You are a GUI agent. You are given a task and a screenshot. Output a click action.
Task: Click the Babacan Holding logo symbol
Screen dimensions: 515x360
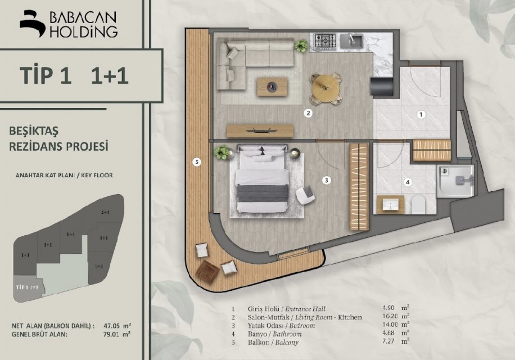click(33, 24)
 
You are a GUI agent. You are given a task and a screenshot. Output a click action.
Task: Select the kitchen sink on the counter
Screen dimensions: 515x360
click(351, 42)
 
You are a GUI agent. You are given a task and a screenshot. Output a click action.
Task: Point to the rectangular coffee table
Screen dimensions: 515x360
click(272, 87)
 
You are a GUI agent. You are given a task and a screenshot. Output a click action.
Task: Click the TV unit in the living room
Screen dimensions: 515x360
click(260, 130)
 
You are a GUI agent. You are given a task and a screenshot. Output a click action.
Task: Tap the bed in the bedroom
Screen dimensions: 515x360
click(262, 179)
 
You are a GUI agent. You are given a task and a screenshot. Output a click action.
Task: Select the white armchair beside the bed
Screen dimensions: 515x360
click(305, 195)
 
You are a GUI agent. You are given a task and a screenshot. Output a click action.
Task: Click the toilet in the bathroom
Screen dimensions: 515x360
click(418, 204)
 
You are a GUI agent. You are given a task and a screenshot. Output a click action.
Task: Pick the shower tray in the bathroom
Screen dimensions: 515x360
click(455, 181)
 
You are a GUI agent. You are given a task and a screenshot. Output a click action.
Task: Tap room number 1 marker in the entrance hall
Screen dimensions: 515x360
click(421, 115)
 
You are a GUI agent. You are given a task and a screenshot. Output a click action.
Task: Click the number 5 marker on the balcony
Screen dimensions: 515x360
click(196, 161)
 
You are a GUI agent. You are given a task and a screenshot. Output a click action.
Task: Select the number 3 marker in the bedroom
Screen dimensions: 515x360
click(326, 180)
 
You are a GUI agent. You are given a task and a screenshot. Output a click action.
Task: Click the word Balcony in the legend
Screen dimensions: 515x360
click(287, 343)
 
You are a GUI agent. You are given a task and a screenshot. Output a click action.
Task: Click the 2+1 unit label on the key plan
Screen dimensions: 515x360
click(105, 213)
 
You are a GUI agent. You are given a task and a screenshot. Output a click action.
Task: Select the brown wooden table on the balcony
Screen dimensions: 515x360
click(207, 271)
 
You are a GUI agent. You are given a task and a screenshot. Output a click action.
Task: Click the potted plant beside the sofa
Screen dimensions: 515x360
click(301, 46)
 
